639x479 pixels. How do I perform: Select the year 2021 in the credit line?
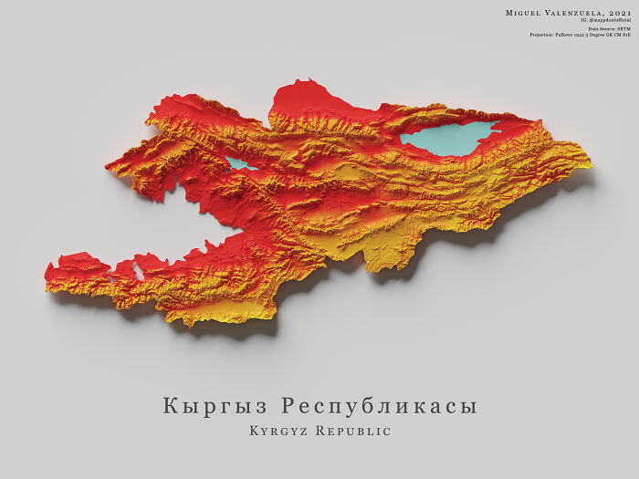(x=620, y=12)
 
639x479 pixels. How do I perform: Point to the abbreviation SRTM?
(x=623, y=29)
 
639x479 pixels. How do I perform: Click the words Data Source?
(x=599, y=29)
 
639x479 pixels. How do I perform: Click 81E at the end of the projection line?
(x=627, y=36)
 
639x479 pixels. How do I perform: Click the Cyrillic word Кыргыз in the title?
(x=215, y=406)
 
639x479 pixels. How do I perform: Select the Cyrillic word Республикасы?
(x=379, y=406)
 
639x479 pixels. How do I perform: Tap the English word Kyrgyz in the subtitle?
(x=280, y=430)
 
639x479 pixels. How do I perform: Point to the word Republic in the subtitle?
(x=357, y=430)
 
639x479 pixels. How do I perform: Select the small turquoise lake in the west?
(x=241, y=164)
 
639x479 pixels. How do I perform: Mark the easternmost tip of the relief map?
(x=590, y=165)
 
